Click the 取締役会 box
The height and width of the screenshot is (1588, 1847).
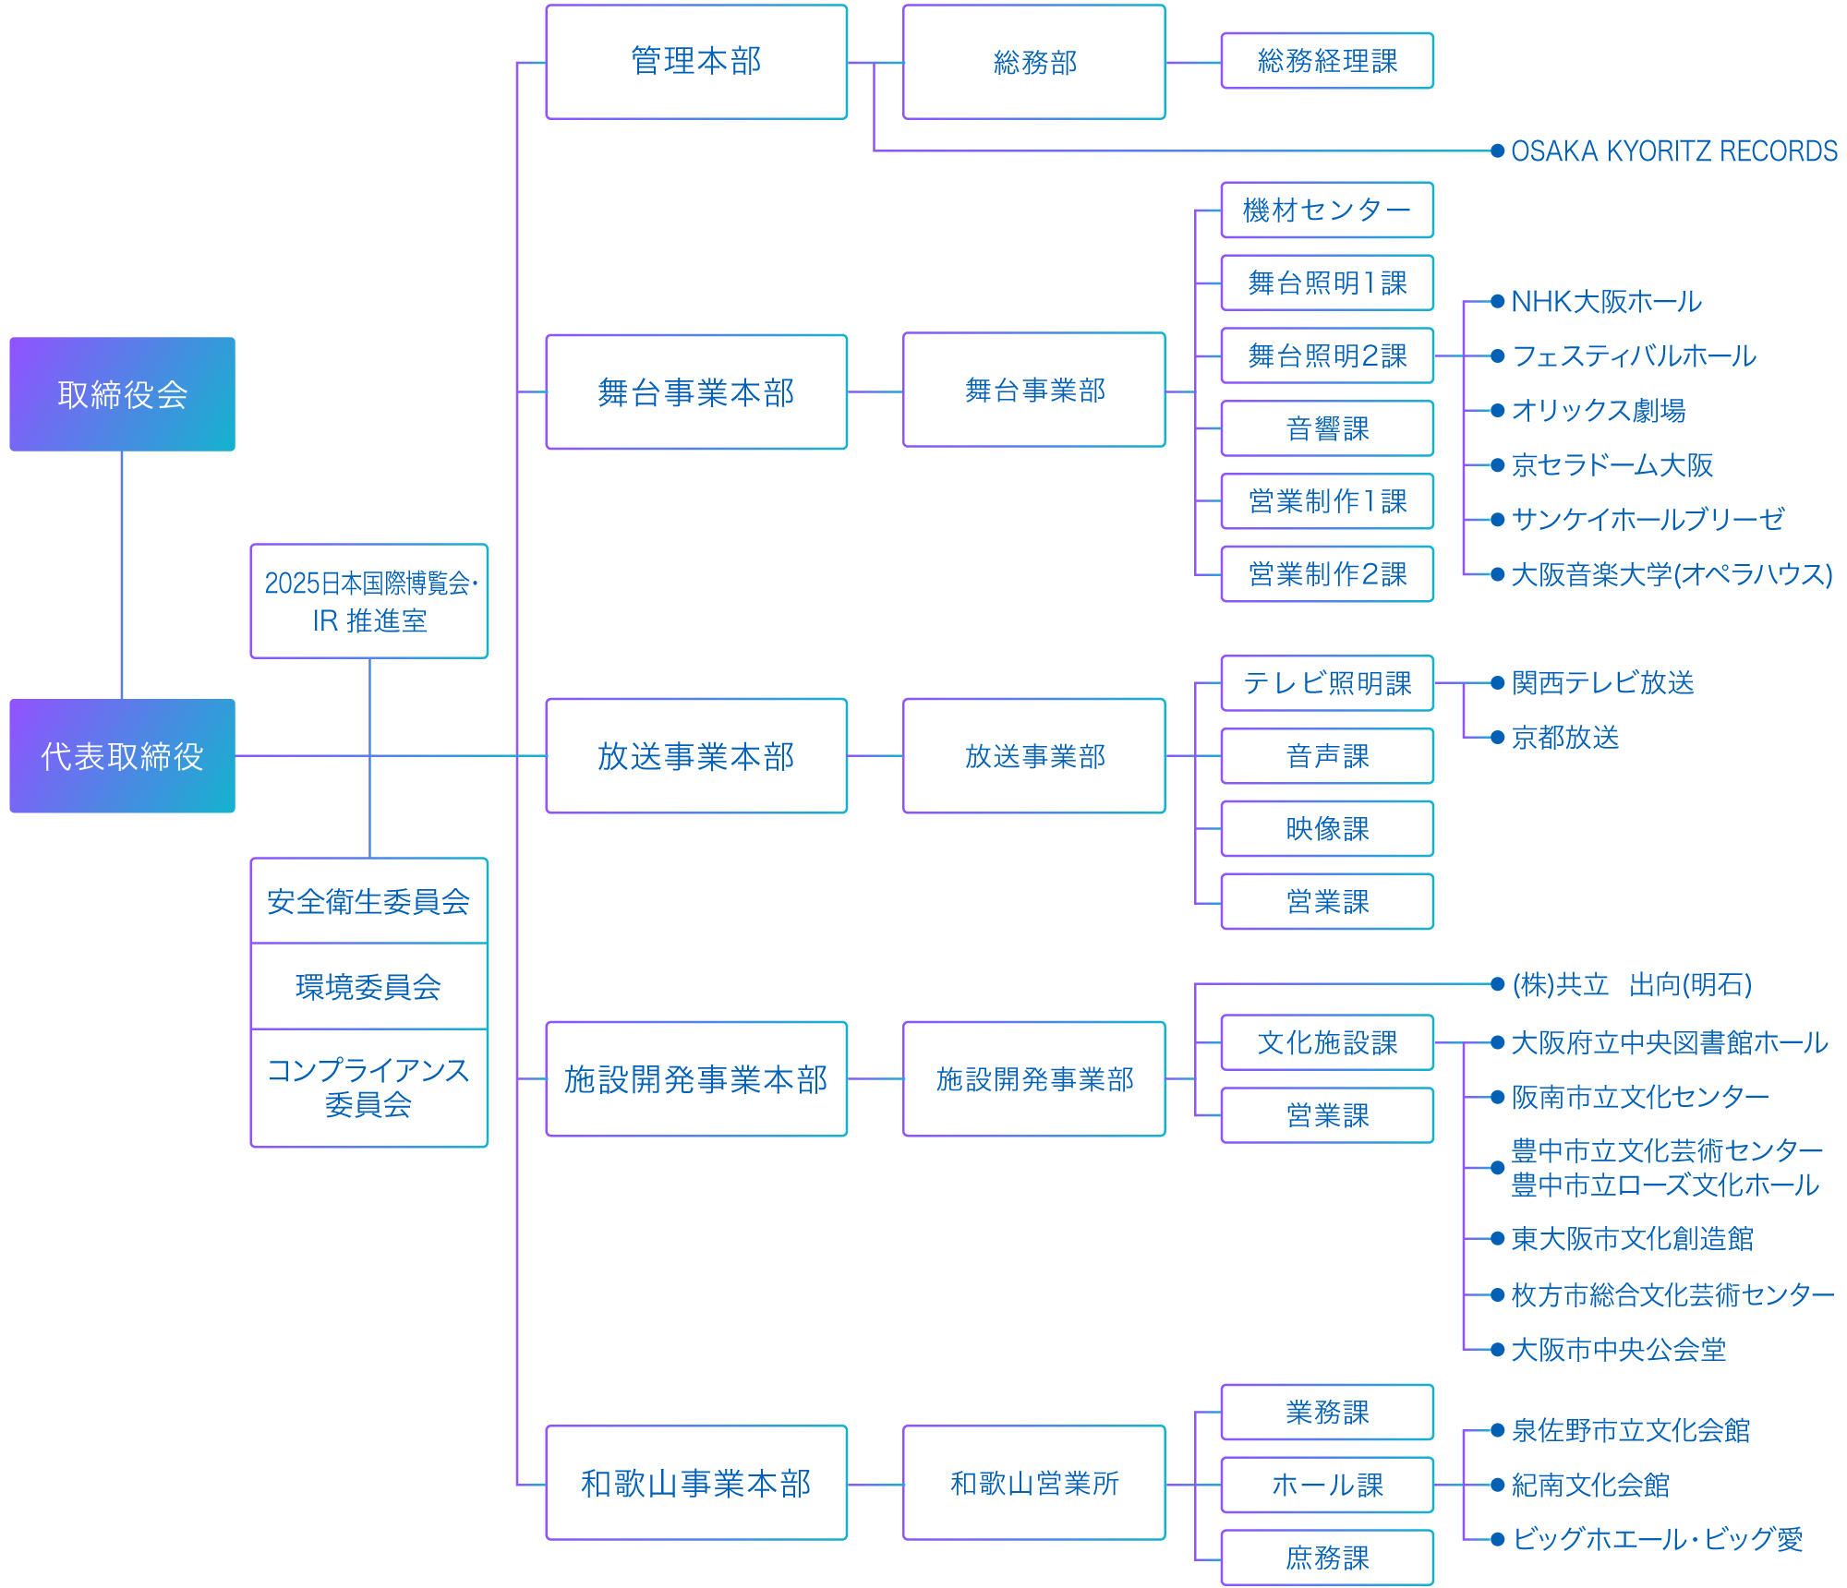tap(122, 394)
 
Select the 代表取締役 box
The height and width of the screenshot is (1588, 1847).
tap(122, 756)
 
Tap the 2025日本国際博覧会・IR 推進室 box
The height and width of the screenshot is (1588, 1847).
tap(368, 601)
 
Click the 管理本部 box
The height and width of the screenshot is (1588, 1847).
tap(696, 62)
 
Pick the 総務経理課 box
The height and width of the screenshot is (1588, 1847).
tap(1327, 61)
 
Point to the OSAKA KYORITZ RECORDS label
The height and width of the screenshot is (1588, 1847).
tap(1673, 151)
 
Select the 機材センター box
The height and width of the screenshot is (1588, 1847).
tap(1327, 211)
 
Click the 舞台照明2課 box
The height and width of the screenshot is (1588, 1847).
tap(1327, 355)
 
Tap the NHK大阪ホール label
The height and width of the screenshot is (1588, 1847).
tap(1606, 302)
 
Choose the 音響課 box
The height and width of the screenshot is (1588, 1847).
tap(1327, 428)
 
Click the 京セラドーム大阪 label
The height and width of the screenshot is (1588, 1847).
tap(1612, 465)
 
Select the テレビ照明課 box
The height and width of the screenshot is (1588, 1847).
tap(1327, 683)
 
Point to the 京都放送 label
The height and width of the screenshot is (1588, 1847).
tap(1565, 738)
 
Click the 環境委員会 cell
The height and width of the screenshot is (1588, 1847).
tap(368, 987)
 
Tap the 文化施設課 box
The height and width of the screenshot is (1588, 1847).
tap(1327, 1043)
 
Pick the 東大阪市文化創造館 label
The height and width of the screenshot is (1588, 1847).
tap(1632, 1239)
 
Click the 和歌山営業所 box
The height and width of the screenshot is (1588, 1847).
tap(1034, 1484)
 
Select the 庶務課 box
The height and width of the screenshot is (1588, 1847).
tap(1327, 1558)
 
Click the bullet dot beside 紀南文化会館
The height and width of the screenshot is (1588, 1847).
tap(1498, 1486)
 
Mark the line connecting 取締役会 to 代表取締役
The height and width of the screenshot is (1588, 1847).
tap(122, 574)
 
